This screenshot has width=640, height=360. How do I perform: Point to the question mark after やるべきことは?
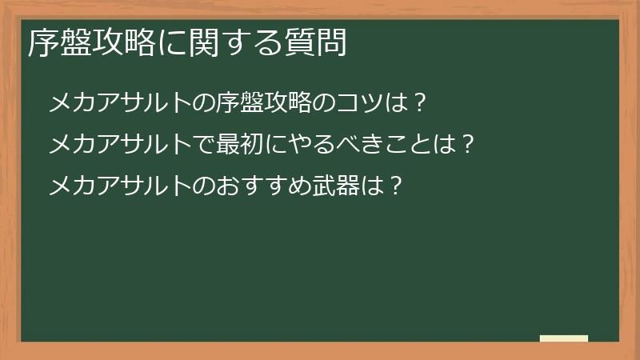[470, 145]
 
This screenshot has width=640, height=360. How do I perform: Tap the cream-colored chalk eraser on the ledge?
[564, 338]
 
